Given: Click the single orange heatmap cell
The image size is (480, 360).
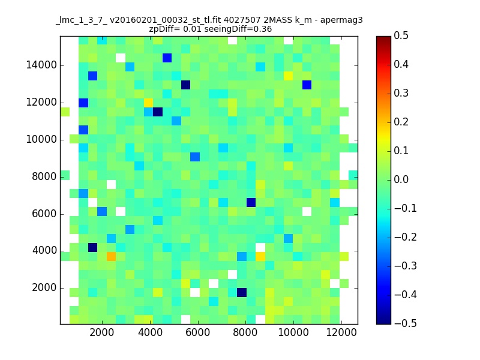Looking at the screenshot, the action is tap(111, 256).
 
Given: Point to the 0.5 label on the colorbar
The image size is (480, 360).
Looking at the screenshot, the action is tap(401, 35).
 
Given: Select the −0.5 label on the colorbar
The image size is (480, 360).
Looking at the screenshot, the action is tap(406, 323).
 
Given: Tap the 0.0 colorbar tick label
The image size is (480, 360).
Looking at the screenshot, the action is tap(401, 179).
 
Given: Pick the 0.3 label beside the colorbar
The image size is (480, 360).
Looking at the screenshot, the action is tap(401, 93).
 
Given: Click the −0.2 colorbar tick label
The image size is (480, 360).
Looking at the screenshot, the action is tap(406, 237).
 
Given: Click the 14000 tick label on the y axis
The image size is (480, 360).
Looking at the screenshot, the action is tap(41, 65).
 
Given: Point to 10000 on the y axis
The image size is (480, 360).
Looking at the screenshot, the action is tap(41, 140).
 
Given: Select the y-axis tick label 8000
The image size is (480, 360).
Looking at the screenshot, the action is tap(44, 176).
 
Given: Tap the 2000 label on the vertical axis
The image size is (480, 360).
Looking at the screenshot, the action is tap(44, 288).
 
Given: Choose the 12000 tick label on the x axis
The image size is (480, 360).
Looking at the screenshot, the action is tap(341, 332).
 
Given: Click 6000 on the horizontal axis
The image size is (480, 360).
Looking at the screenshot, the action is tap(198, 332).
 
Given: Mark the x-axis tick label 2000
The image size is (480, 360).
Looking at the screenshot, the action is tap(101, 332).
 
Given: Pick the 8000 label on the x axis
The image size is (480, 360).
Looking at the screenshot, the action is tap(245, 332).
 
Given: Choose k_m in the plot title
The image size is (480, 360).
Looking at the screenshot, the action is tap(303, 21).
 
